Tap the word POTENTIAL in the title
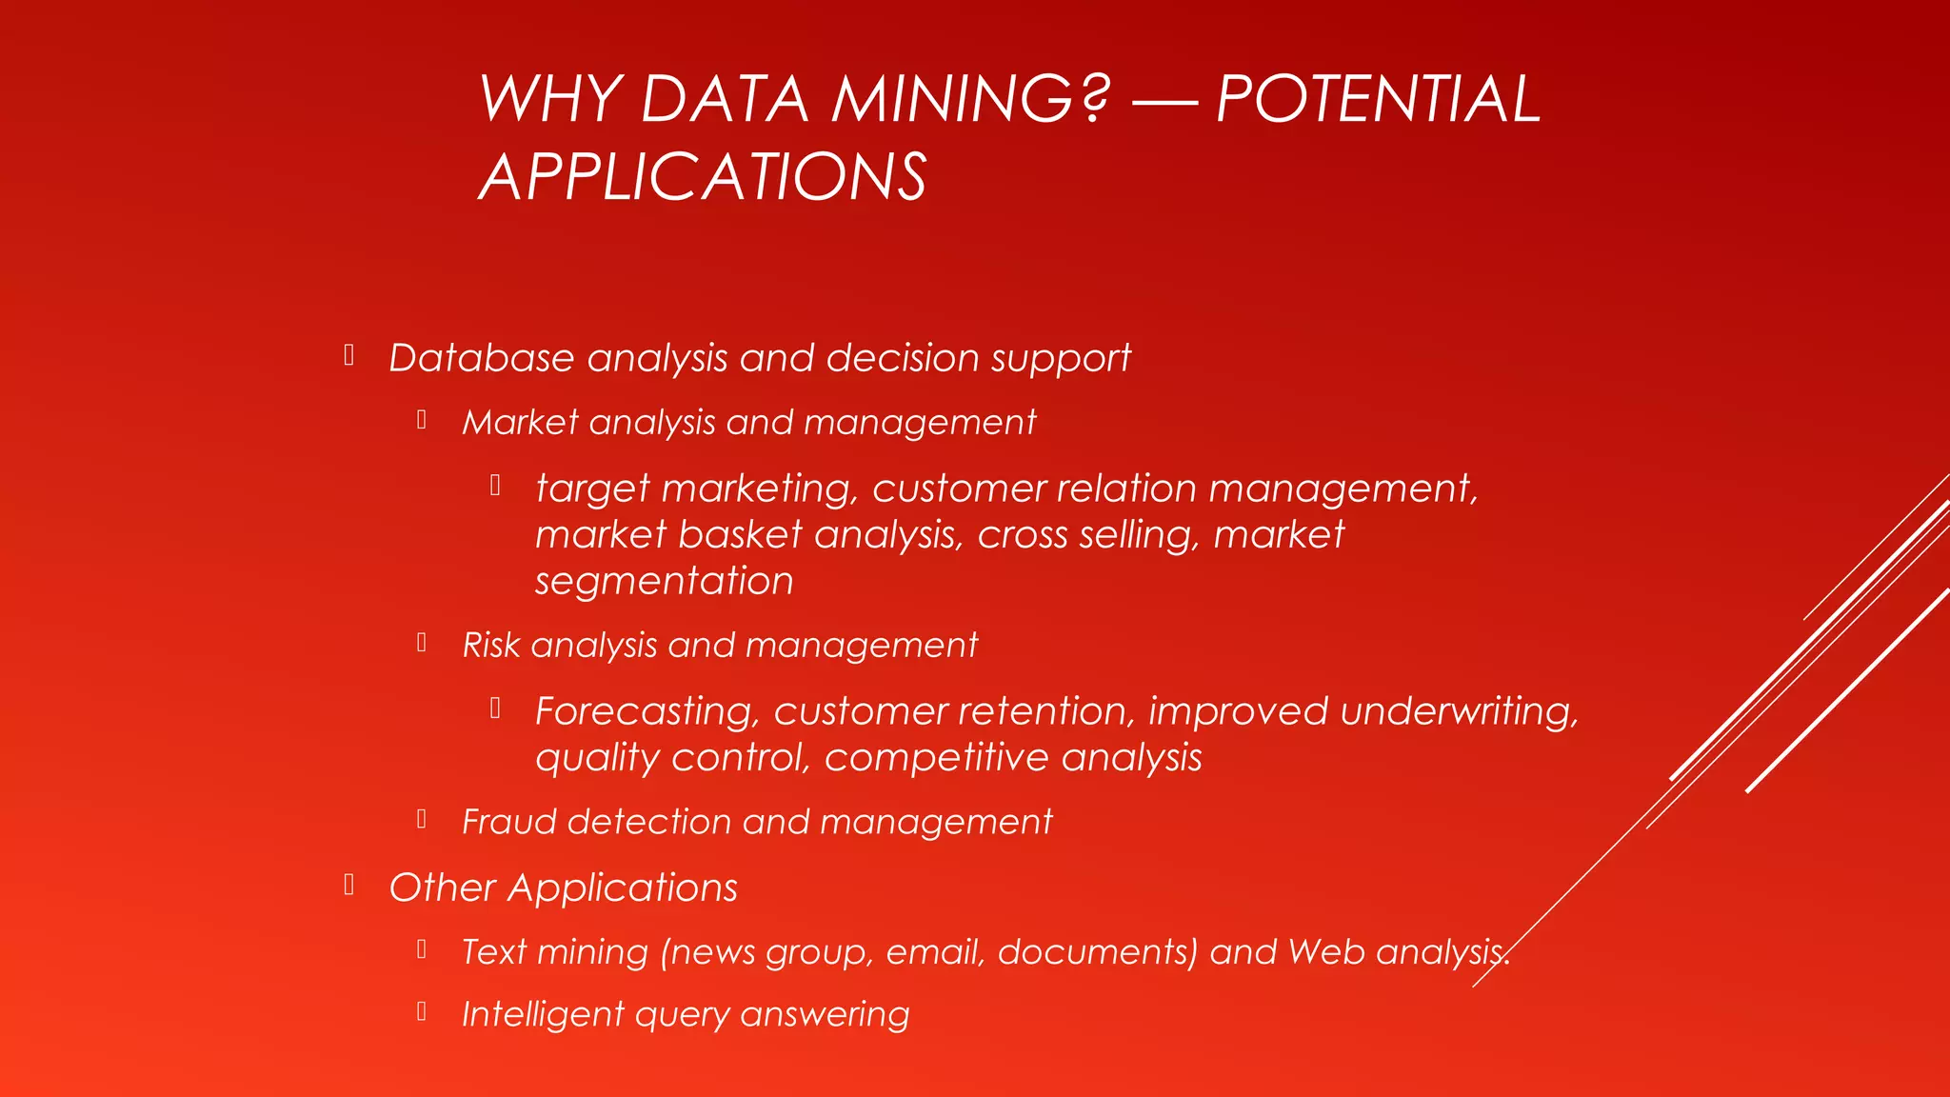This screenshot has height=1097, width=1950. (x=1378, y=99)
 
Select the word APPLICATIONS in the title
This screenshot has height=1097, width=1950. (x=703, y=177)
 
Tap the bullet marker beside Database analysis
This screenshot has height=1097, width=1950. (x=349, y=356)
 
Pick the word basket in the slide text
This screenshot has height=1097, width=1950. (x=740, y=534)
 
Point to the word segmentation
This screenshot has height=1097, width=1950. (x=664, y=581)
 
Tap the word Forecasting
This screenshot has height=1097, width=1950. (x=647, y=711)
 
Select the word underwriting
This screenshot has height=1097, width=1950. (x=1459, y=711)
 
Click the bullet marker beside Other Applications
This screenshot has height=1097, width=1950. (x=349, y=886)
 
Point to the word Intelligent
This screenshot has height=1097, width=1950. (x=542, y=1014)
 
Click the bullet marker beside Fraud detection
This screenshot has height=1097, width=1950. (x=421, y=819)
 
